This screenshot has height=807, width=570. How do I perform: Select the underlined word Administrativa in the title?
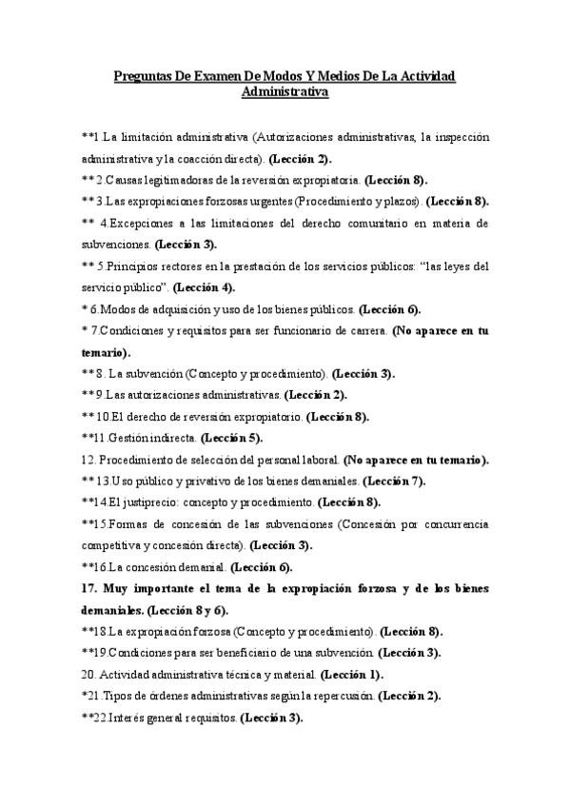pyautogui.click(x=285, y=93)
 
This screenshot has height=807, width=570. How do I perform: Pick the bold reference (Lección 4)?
pyautogui.click(x=204, y=287)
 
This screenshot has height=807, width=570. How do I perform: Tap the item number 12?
pyautogui.click(x=88, y=460)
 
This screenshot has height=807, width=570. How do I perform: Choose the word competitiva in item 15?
pyautogui.click(x=115, y=545)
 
